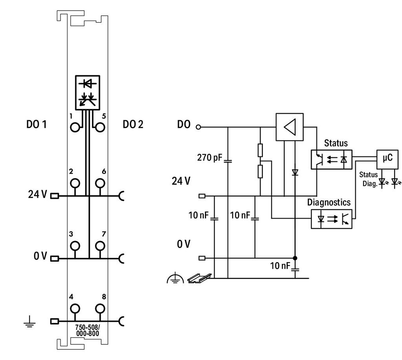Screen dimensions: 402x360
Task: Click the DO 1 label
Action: pos(37,125)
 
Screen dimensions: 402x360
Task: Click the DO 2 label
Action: pos(133,125)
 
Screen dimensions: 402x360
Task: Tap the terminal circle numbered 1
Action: pos(75,127)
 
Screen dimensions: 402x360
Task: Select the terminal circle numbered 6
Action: pos(100,183)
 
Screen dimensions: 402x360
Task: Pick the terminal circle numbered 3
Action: pos(75,246)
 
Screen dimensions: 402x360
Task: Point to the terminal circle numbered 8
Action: pos(100,309)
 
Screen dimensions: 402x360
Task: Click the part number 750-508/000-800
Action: pos(88,331)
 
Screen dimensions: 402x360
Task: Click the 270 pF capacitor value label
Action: pos(210,158)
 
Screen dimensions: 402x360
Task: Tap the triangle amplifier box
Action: pos(289,127)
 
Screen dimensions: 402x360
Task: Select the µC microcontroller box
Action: pos(387,159)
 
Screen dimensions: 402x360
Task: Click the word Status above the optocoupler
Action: pos(336,143)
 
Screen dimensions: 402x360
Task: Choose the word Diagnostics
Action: pos(329,202)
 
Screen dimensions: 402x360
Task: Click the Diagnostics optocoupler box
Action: pos(331,219)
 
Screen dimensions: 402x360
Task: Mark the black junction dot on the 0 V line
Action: pos(295,258)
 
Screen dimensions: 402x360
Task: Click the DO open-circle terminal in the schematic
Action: pos(198,127)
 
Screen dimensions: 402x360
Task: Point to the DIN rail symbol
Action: pos(200,278)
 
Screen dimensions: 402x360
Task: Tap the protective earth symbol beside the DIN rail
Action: pos(175,278)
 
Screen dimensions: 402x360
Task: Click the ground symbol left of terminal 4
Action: pos(30,322)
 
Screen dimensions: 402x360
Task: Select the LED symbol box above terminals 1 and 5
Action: pos(88,93)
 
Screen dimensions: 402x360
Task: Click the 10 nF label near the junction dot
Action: pos(280,266)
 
